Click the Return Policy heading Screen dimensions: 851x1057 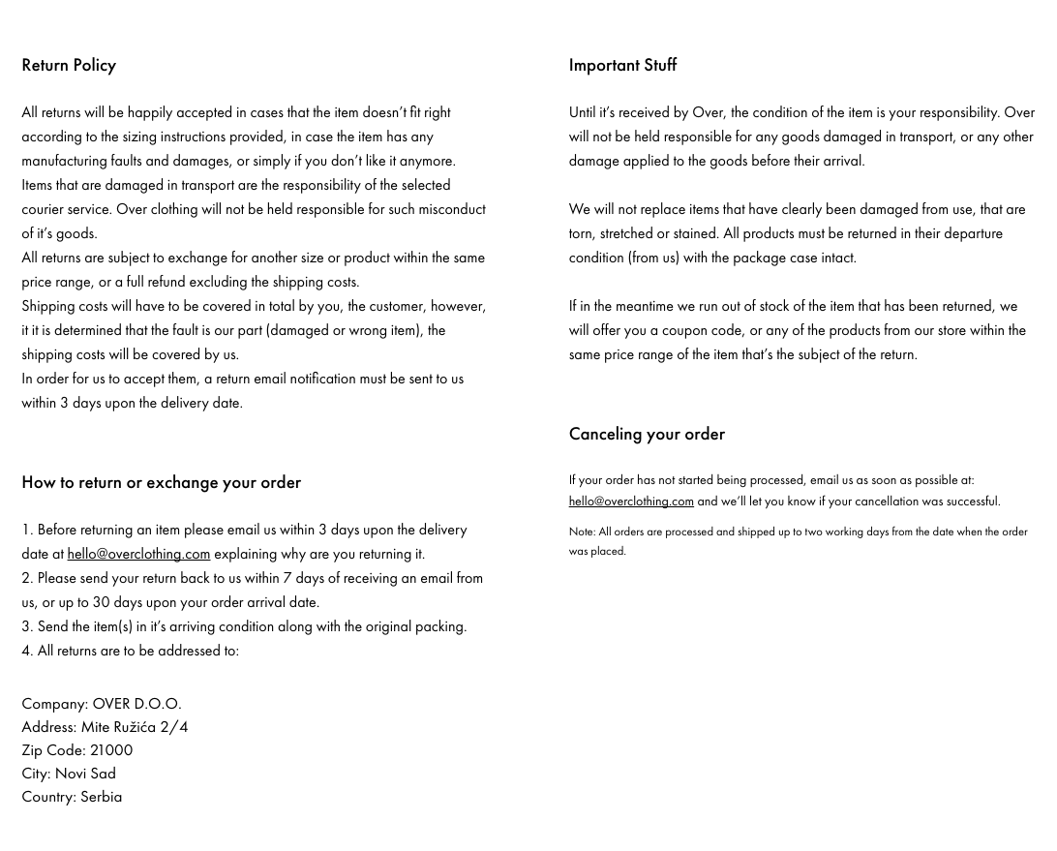pyautogui.click(x=69, y=65)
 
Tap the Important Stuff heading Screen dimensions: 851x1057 pyautogui.click(x=622, y=65)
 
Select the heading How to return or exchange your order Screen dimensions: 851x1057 pyautogui.click(x=161, y=482)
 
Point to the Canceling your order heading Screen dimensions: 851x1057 pyautogui.click(x=647, y=434)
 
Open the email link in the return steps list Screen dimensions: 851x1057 pyautogui.click(x=138, y=554)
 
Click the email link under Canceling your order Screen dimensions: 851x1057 pyautogui.click(x=631, y=501)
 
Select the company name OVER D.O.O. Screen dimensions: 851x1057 pyautogui.click(x=136, y=704)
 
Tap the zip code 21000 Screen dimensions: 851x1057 pyautogui.click(x=111, y=750)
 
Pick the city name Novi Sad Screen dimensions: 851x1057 pyautogui.click(x=85, y=774)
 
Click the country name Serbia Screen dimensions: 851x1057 pyautogui.click(x=101, y=797)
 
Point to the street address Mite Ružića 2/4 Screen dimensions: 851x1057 pyautogui.click(x=135, y=727)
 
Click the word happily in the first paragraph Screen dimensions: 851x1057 pyautogui.click(x=150, y=112)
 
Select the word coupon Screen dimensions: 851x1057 pyautogui.click(x=684, y=330)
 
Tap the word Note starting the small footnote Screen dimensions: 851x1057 pyautogui.click(x=581, y=532)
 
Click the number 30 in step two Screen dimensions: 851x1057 pyautogui.click(x=101, y=602)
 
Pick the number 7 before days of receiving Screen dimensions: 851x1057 pyautogui.click(x=287, y=578)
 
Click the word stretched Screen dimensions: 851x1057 pyautogui.click(x=626, y=233)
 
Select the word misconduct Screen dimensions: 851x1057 pyautogui.click(x=452, y=209)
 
